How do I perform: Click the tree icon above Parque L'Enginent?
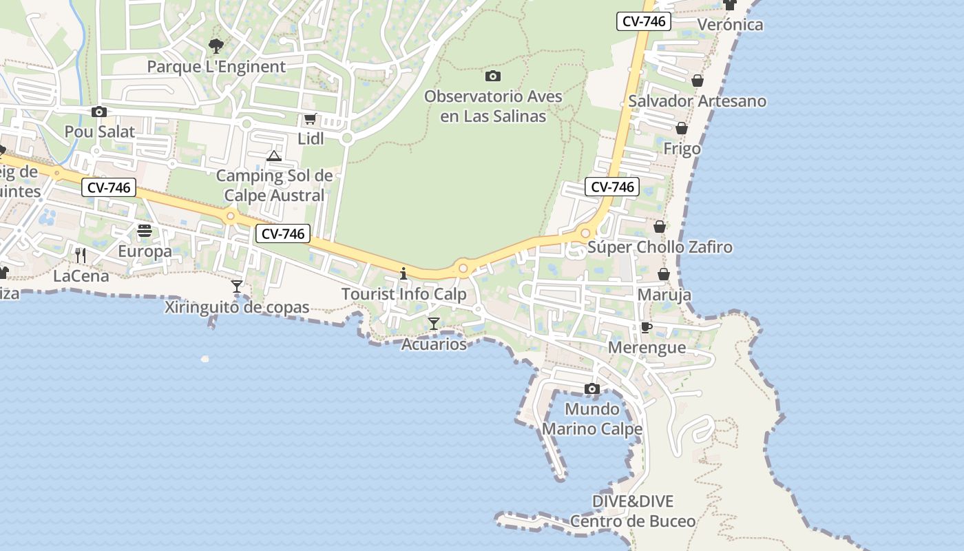tap(216, 46)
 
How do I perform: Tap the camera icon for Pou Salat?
tap(99, 112)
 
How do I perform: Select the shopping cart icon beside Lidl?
tap(310, 119)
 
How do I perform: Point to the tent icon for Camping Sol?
tap(274, 156)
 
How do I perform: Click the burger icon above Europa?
tap(145, 231)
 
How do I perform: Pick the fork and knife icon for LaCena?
tap(81, 256)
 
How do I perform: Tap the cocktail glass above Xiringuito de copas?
tap(237, 286)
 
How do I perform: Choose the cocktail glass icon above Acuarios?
tap(434, 323)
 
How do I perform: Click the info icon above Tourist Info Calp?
tap(404, 274)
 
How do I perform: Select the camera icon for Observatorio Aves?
tap(493, 76)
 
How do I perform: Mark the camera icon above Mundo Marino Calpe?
tap(591, 389)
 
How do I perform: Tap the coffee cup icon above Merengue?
tap(646, 327)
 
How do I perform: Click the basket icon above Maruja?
tap(664, 274)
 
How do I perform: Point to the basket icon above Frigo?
tap(682, 128)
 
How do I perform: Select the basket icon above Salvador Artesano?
tap(698, 81)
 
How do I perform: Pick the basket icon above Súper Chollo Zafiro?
tap(660, 226)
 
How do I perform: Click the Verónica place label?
tap(731, 25)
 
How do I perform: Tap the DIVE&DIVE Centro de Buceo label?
tap(633, 511)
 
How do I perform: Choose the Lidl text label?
tap(311, 138)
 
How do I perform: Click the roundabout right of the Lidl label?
tap(347, 138)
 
